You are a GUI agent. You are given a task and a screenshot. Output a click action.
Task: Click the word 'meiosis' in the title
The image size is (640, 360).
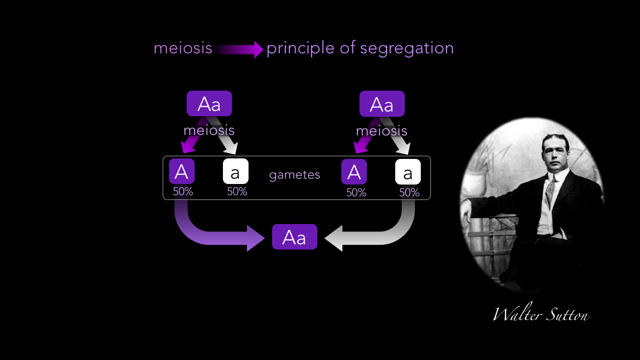183,49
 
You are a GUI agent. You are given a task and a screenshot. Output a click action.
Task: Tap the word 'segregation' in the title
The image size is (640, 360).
407,49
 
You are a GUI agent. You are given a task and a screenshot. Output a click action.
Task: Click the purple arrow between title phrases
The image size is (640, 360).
239,50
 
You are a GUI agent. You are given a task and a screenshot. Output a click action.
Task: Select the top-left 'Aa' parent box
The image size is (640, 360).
209,103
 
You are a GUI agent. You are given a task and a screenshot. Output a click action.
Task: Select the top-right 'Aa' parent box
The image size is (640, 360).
382,103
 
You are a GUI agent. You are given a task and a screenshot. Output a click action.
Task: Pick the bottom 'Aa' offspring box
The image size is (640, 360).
294,237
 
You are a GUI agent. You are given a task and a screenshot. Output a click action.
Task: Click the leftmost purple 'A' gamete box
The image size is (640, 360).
182,172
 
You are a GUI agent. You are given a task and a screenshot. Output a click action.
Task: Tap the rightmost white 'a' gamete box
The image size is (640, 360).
408,172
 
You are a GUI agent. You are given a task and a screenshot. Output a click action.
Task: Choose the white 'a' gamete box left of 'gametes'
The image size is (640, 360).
235,172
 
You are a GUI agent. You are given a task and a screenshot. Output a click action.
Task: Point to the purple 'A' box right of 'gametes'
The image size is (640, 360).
354,172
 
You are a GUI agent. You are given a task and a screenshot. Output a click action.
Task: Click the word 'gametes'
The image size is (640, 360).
294,175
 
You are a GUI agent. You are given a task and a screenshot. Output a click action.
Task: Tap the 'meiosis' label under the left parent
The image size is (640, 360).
209,131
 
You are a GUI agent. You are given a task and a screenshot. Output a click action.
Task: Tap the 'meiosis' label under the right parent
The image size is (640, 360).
381,131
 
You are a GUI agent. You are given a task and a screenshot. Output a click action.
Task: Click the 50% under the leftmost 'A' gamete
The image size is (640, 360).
183,191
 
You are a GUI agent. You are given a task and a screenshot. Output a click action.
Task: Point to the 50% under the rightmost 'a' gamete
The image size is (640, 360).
409,193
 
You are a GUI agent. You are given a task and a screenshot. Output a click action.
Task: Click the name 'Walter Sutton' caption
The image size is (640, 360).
541,315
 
